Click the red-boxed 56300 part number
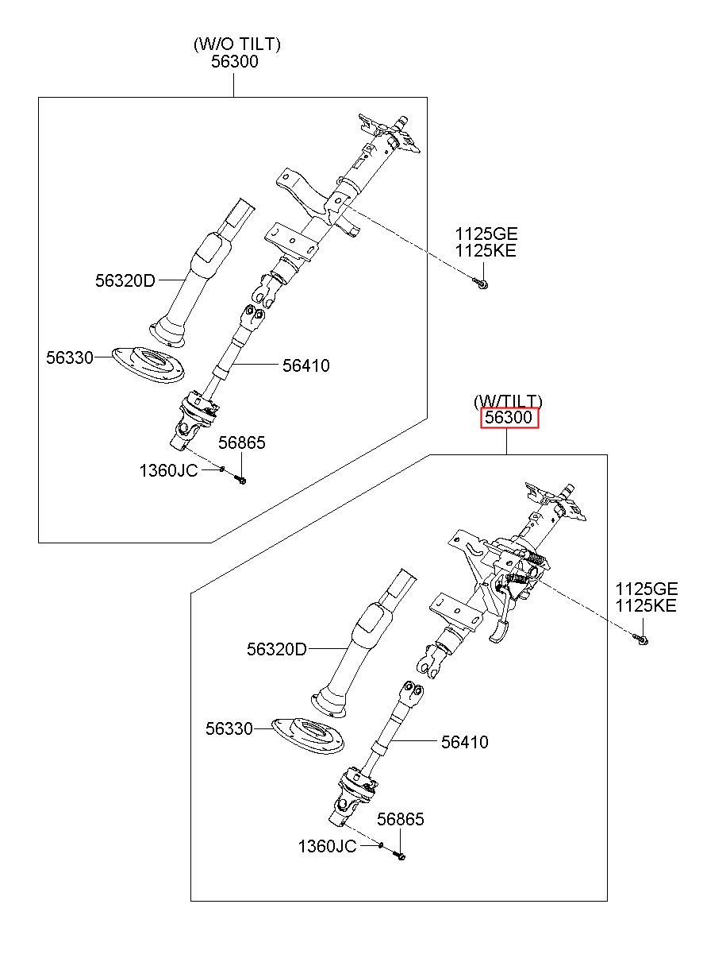coord(509,417)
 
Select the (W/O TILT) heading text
coord(237,44)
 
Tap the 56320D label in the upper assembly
coord(125,280)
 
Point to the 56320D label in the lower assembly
coord(277,649)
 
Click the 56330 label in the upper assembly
coord(70,357)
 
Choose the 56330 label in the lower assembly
coord(229,728)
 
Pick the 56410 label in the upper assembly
coord(305,365)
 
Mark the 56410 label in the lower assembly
coord(464,742)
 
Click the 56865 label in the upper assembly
coord(242,442)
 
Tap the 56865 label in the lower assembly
coord(400,819)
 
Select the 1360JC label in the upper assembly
coord(168,471)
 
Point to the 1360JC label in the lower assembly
coord(327,846)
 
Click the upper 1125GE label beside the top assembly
coord(486,234)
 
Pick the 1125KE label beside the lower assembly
coord(646,605)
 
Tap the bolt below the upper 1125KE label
coord(481,283)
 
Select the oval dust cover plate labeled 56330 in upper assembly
coord(148,365)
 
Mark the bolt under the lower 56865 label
coord(399,856)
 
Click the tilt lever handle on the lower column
coord(499,632)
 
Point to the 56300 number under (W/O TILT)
coord(235,61)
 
